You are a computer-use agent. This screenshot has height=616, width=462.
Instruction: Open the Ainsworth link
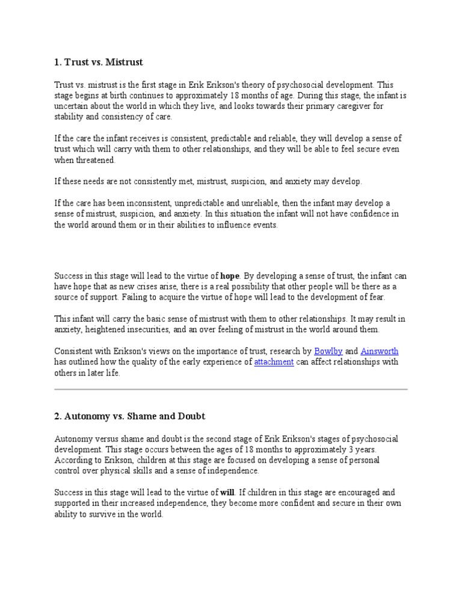[379, 351]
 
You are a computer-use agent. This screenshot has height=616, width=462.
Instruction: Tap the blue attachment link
[274, 362]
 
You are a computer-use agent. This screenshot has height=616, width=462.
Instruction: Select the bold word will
[230, 492]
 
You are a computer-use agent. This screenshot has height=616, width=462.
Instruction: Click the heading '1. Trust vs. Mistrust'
[99, 62]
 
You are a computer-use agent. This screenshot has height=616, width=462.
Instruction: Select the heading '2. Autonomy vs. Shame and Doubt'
[129, 416]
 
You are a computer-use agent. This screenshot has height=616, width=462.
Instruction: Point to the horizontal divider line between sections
[231, 389]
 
